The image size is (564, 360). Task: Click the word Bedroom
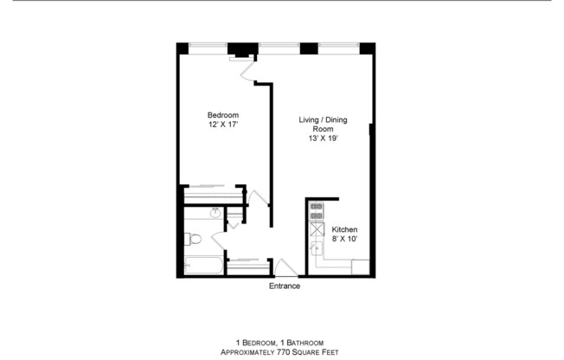click(x=222, y=115)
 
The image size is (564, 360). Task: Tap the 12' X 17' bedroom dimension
click(x=222, y=125)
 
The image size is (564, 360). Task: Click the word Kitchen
click(x=345, y=229)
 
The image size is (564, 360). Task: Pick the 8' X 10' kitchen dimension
click(x=345, y=239)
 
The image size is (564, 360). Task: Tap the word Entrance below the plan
click(x=284, y=286)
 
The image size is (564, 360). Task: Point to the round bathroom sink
click(x=214, y=213)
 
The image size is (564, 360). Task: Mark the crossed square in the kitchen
click(x=317, y=230)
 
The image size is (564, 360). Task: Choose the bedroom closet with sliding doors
click(x=212, y=192)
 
